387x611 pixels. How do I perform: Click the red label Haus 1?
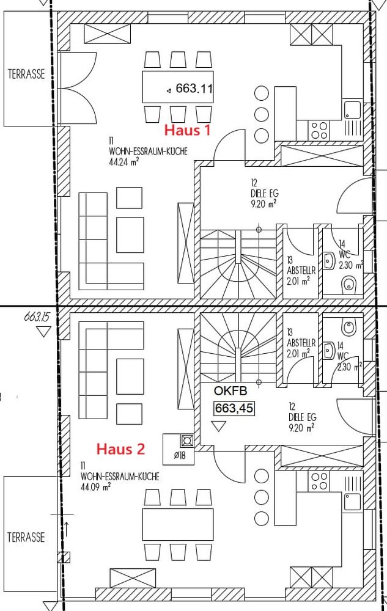(188, 130)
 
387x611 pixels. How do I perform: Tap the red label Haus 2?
(121, 449)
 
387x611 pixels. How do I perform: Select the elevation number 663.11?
(194, 89)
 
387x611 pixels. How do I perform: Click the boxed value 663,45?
(234, 408)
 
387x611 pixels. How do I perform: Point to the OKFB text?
(230, 391)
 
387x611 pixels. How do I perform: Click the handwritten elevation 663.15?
(37, 316)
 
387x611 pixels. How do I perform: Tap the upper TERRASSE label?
(26, 74)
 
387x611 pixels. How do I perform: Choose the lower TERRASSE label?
(26, 537)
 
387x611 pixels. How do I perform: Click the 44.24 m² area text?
(124, 161)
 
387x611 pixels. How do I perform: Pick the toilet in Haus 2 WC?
(348, 326)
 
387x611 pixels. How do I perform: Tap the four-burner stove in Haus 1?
(319, 130)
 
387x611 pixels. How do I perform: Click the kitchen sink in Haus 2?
(353, 501)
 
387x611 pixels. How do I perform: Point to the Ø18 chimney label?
(180, 455)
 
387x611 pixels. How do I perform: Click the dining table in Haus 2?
(178, 524)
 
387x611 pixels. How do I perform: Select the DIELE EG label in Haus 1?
(265, 193)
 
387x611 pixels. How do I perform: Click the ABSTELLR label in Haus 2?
(301, 343)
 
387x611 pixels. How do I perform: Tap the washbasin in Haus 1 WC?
(330, 260)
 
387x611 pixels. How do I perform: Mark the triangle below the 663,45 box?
(219, 425)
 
